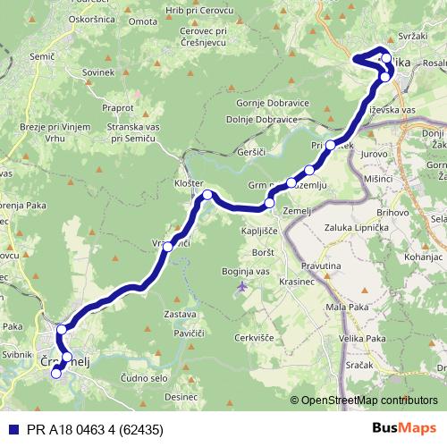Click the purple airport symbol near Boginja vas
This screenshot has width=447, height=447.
pyautogui.click(x=243, y=286)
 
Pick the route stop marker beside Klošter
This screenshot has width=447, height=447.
pyautogui.click(x=207, y=195)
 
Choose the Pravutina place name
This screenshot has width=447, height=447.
pyautogui.click(x=320, y=266)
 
